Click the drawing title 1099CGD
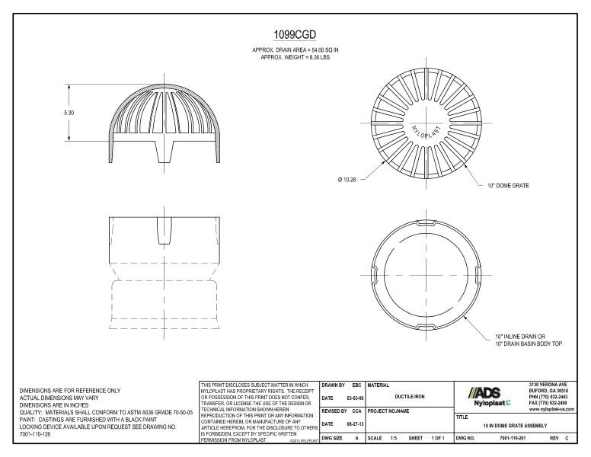[295, 35]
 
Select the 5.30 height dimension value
[69, 112]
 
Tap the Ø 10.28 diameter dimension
[347, 180]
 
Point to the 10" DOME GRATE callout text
[508, 185]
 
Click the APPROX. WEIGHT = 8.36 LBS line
[295, 56]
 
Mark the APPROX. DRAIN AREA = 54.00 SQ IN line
[295, 50]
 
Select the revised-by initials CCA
[356, 410]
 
